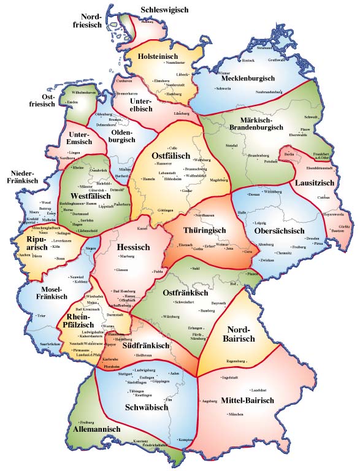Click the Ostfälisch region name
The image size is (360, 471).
coord(171,156)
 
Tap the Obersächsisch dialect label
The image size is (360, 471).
coord(279,231)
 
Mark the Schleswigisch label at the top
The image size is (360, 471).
coord(164,10)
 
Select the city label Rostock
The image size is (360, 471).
coord(248,61)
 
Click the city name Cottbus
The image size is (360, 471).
coord(323,198)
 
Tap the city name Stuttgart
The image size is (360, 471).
coord(125,373)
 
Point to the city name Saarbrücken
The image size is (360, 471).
coord(51,345)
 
